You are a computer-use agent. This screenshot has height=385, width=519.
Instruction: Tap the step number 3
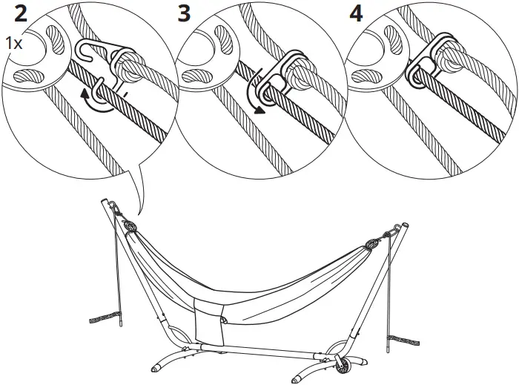click(186, 14)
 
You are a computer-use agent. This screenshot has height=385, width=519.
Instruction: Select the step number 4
click(357, 14)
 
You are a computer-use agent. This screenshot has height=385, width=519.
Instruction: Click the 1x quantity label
click(13, 44)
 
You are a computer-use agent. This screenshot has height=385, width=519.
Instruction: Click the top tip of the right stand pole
click(405, 223)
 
